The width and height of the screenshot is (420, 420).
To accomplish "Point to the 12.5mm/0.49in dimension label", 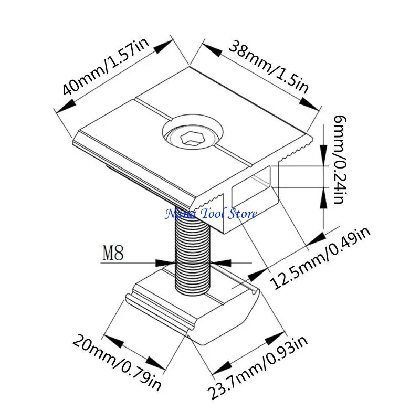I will [320, 257].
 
